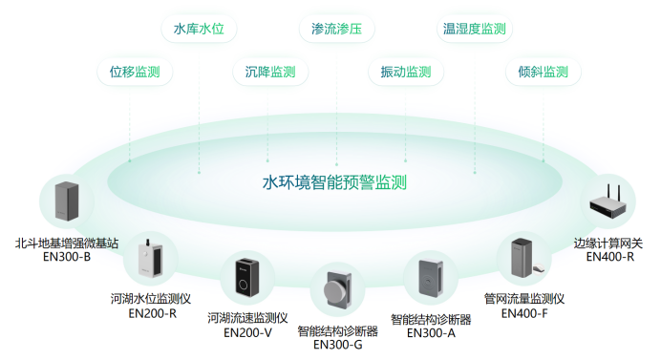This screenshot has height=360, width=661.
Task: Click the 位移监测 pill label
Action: (135, 72)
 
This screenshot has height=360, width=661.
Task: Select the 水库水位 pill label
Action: (199, 29)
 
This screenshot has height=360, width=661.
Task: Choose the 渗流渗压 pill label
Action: (330, 29)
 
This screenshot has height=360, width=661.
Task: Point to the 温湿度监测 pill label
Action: (474, 29)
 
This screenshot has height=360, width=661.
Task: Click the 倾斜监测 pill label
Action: (543, 72)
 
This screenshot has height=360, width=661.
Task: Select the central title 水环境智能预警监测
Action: (334, 181)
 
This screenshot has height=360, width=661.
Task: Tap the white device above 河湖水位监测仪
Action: (150, 260)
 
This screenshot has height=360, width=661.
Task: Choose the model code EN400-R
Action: (610, 256)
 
